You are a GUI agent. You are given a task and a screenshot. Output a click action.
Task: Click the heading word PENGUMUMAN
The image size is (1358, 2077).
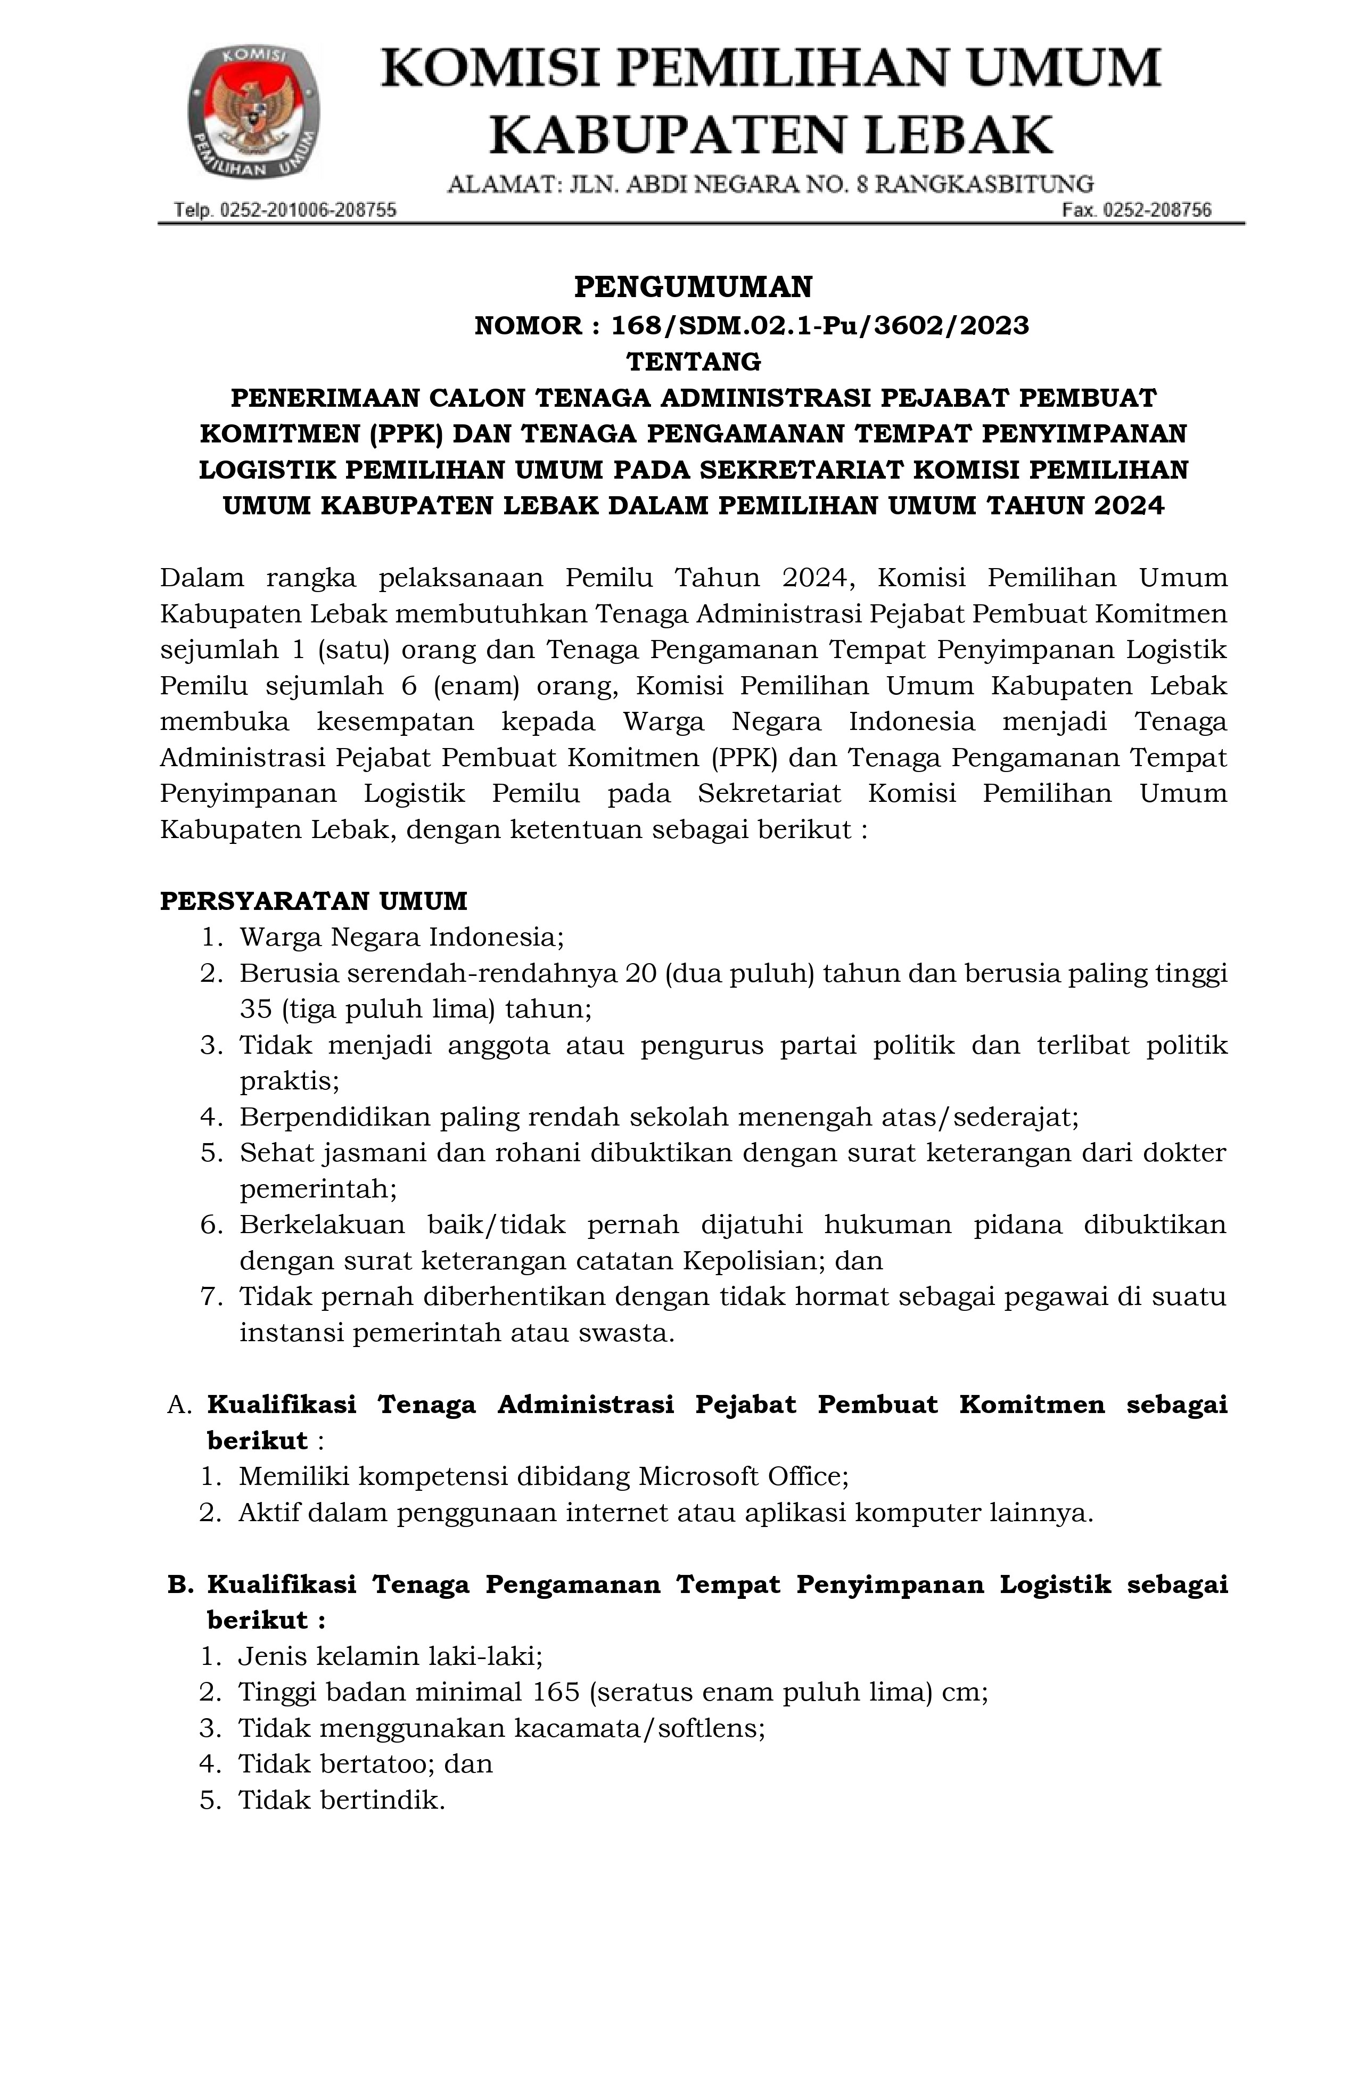693,287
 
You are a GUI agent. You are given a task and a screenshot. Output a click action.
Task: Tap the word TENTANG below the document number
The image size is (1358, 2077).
694,362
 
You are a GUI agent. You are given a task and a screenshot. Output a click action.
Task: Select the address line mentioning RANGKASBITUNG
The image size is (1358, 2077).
770,185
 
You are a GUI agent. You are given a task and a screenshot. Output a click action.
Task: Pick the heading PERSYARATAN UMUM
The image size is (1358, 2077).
314,901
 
